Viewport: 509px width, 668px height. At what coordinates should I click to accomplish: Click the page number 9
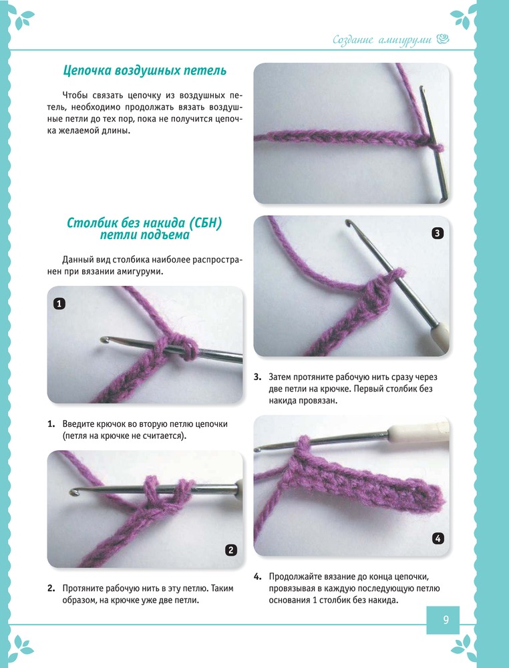[446, 619]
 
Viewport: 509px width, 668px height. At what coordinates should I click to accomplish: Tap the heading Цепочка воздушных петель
[145, 70]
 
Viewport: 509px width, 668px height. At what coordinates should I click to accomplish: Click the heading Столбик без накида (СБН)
[144, 223]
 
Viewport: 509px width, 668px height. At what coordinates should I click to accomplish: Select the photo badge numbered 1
[59, 303]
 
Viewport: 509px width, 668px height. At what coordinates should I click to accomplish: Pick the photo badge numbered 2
[230, 550]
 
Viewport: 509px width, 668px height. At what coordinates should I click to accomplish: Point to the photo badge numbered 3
[438, 233]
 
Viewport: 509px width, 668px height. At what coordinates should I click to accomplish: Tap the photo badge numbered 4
[438, 538]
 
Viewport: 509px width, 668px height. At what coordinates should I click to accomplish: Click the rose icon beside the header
[443, 39]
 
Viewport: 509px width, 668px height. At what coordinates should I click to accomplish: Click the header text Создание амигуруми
[382, 40]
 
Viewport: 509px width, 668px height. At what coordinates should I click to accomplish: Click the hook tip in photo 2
[73, 492]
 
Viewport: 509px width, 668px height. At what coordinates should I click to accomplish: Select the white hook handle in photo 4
[417, 432]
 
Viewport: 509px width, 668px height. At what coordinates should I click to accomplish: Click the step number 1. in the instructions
[51, 424]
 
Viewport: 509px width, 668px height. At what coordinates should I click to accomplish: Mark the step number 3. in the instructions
[258, 377]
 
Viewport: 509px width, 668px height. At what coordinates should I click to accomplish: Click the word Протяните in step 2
[83, 589]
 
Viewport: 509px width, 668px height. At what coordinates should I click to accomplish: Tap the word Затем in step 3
[279, 377]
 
